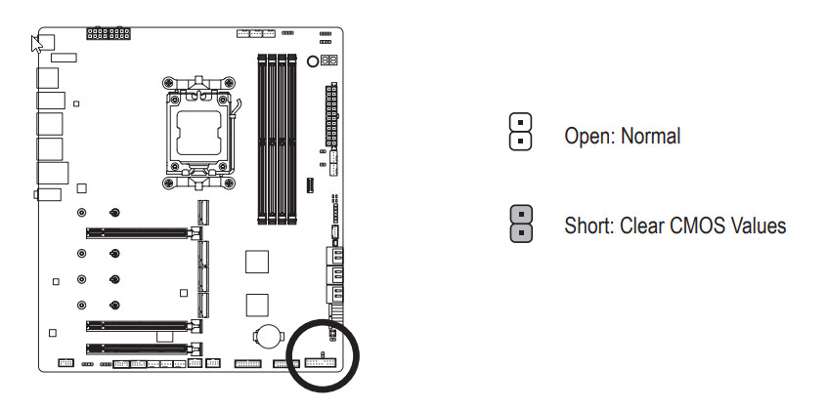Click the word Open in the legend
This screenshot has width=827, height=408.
[x=586, y=137]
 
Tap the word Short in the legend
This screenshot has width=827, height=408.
[x=587, y=226]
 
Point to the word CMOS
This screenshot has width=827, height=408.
[x=689, y=226]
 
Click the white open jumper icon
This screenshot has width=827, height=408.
[x=522, y=131]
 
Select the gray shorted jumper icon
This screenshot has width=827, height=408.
[x=522, y=223]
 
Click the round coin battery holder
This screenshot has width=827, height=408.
[x=268, y=335]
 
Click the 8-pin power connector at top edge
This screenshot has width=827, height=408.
[x=108, y=35]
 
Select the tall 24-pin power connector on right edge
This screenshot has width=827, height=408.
[x=331, y=113]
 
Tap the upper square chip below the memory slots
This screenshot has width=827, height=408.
[x=256, y=261]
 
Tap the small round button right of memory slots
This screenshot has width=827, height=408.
[x=313, y=61]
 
